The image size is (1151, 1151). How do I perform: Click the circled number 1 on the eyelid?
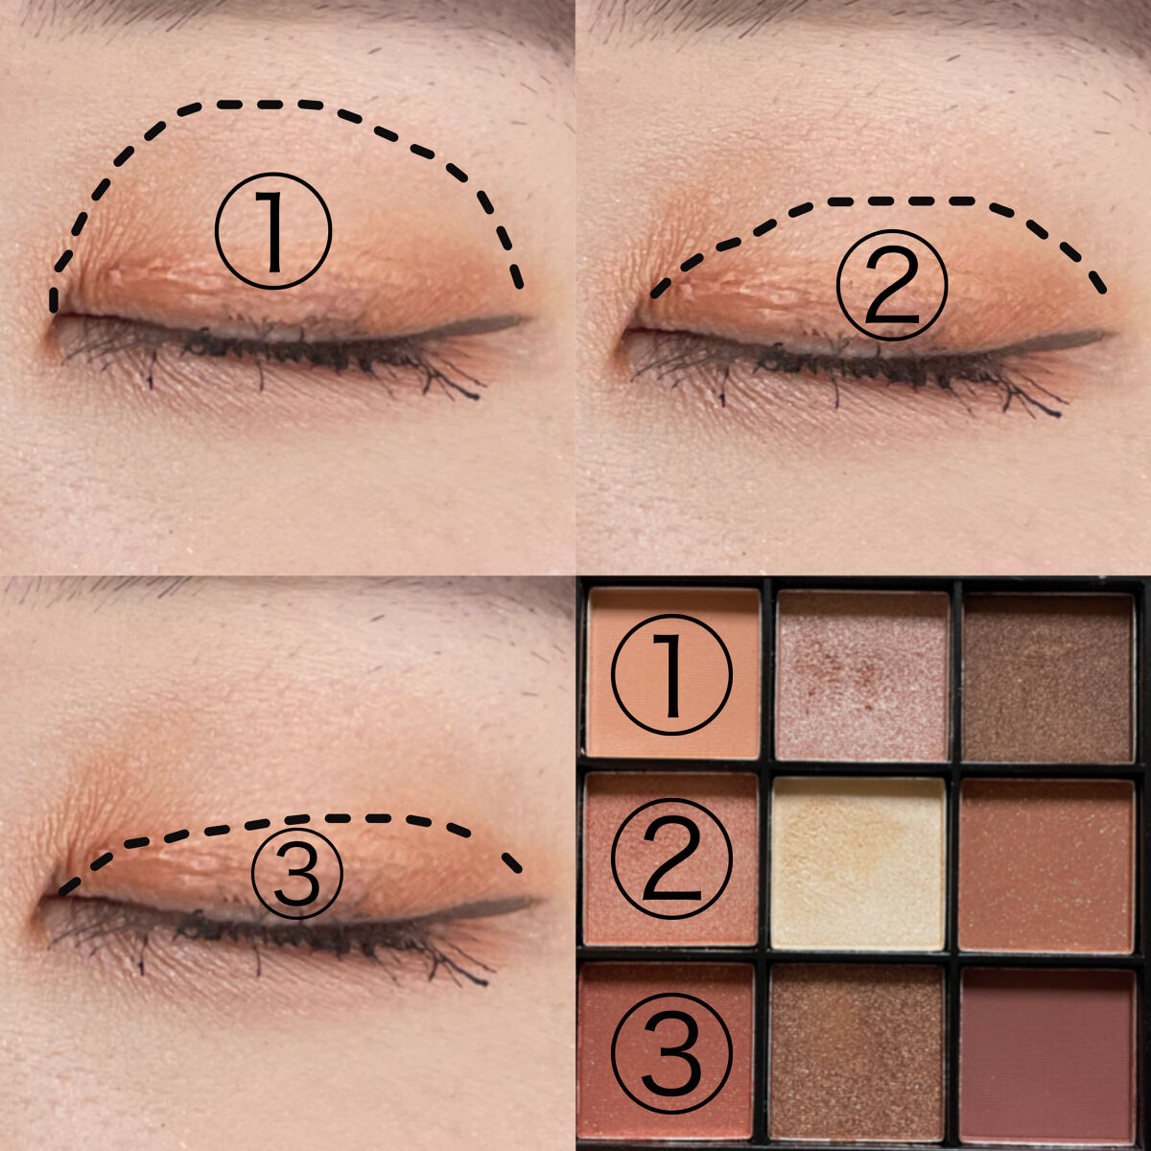coord(273,231)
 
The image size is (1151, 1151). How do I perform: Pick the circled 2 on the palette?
coord(671,859)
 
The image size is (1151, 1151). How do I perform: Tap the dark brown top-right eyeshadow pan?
coord(1047,677)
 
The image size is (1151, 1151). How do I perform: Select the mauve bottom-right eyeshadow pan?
coord(1047,1051)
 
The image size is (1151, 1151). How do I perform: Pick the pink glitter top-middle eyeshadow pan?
coord(860,675)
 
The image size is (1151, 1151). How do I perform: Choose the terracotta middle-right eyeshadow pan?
coord(1047,863)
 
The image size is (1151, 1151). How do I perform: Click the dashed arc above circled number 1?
coord(278,104)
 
